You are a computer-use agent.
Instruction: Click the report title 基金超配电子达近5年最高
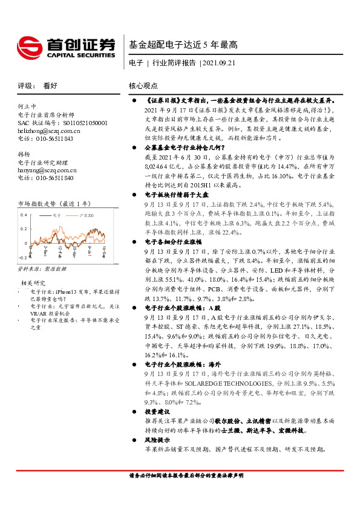pos(183,44)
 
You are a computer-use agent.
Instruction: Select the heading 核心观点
pos(143,86)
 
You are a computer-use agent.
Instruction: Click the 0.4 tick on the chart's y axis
pos(23,215)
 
